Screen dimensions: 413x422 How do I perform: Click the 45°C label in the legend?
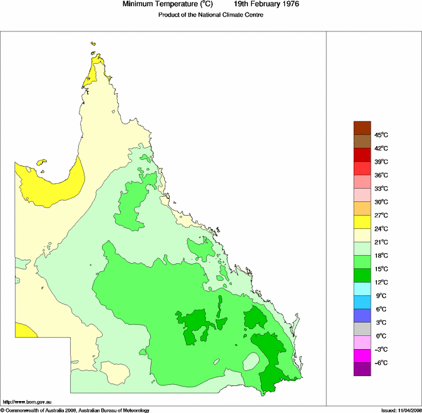point(381,135)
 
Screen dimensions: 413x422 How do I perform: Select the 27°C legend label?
point(381,215)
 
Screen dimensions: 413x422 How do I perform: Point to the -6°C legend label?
point(381,363)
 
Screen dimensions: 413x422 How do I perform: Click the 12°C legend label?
point(381,282)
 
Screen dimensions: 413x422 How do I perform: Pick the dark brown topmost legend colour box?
point(363,128)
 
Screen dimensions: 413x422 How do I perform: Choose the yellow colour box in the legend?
point(363,222)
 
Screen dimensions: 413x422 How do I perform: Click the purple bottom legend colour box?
point(363,370)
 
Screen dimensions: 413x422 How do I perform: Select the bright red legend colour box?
point(363,168)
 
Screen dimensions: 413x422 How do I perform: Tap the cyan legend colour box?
point(363,289)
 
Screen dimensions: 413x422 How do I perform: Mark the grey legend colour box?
point(363,329)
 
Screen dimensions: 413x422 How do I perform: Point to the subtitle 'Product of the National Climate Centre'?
point(210,15)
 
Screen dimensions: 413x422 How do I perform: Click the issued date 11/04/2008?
point(407,410)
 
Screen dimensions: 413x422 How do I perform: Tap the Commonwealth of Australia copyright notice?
point(75,410)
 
